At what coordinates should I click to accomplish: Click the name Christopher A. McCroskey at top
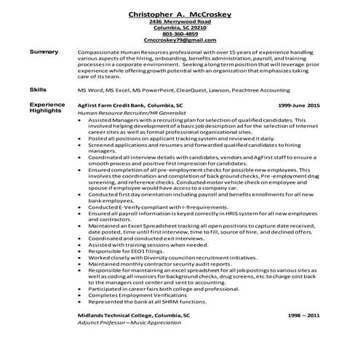(180, 15)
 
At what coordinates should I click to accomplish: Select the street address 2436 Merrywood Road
(180, 22)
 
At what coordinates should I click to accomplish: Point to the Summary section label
(44, 52)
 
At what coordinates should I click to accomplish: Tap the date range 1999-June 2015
(298, 105)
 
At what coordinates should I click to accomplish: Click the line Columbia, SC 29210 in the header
(180, 28)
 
